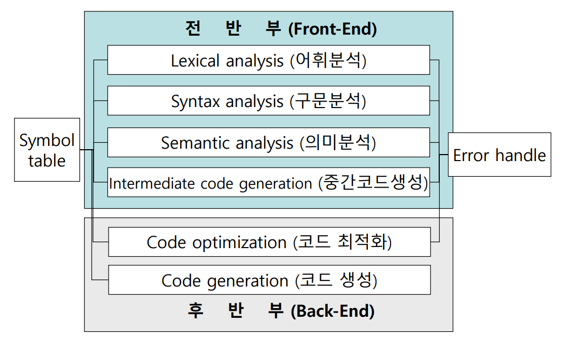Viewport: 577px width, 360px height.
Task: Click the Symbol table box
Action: click(x=47, y=150)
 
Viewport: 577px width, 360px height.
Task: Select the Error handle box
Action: click(x=499, y=155)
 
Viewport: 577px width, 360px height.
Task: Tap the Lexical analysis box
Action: click(x=269, y=60)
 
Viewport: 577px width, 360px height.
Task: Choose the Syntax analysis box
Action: click(x=269, y=101)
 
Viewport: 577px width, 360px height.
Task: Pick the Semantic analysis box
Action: click(x=269, y=143)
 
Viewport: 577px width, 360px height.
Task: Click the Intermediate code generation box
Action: click(x=269, y=183)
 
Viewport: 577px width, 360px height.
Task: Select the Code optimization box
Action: click(x=269, y=242)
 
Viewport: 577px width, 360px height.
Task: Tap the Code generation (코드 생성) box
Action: click(x=269, y=281)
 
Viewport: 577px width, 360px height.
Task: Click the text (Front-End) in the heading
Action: click(x=332, y=29)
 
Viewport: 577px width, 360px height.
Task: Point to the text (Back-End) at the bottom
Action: click(x=332, y=311)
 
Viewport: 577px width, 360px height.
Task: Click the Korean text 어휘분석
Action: click(x=328, y=60)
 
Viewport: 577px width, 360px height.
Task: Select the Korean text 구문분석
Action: click(x=328, y=101)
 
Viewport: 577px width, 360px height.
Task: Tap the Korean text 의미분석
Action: click(x=338, y=143)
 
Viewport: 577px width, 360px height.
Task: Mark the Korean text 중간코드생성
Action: click(x=373, y=183)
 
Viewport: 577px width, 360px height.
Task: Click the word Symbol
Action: click(x=47, y=141)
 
